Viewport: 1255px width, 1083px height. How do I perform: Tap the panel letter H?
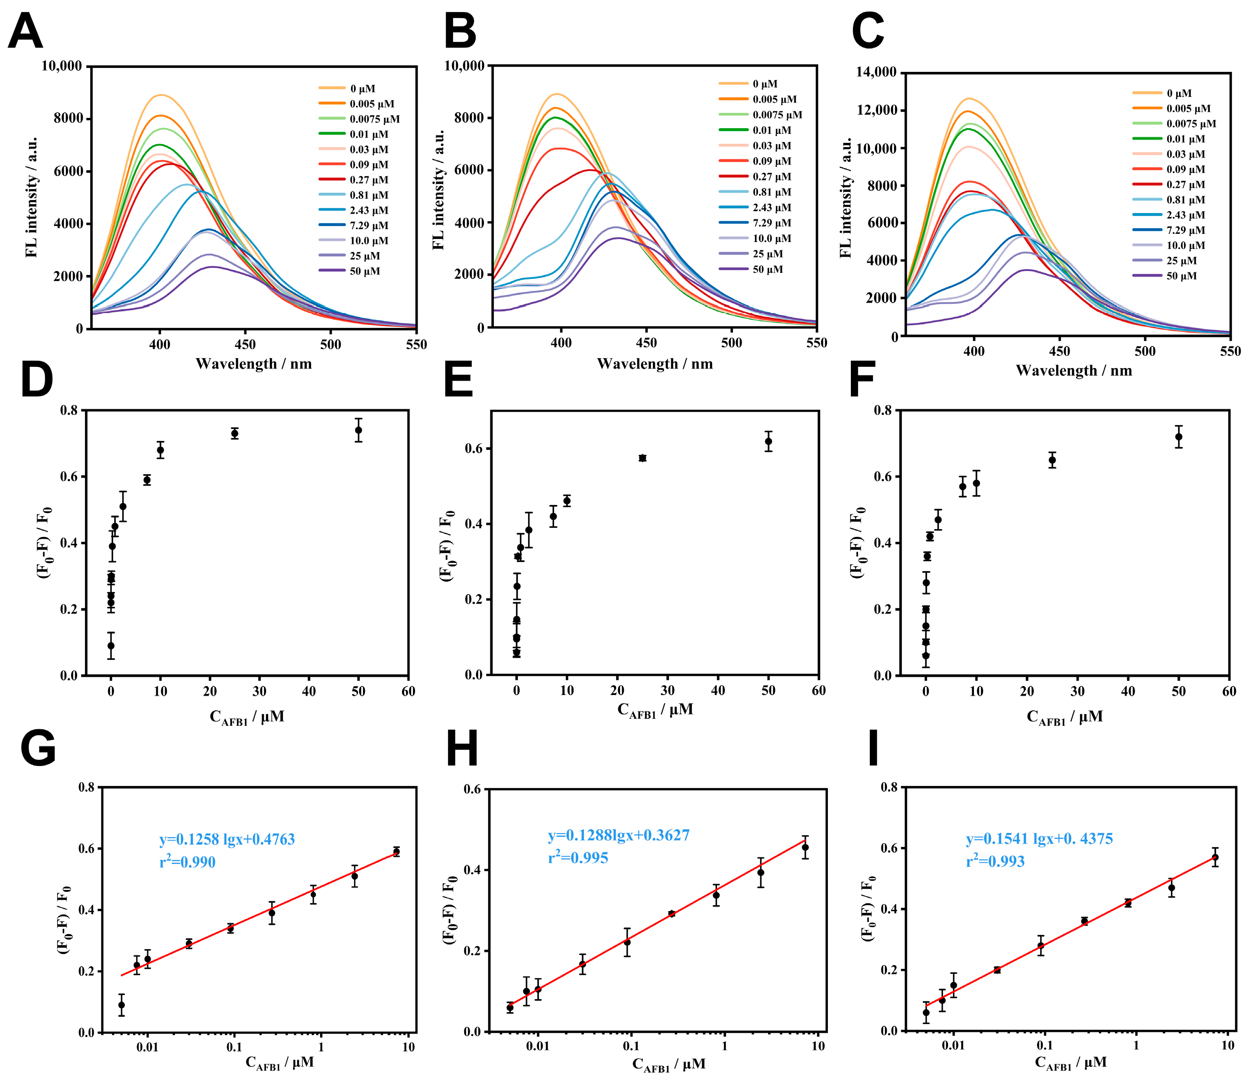click(x=461, y=749)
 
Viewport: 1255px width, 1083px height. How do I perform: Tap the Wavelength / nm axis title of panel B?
click(x=655, y=364)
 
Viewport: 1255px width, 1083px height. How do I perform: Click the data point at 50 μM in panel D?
click(x=359, y=430)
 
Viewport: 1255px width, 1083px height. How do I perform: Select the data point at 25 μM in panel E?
click(x=642, y=458)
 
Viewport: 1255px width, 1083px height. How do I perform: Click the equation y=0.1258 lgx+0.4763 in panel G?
click(x=227, y=840)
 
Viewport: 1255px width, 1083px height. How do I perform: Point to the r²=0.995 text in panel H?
click(x=578, y=857)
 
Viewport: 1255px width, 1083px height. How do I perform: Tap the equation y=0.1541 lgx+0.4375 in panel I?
click(x=1039, y=838)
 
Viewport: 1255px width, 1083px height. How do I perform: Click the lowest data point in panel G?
click(x=121, y=1005)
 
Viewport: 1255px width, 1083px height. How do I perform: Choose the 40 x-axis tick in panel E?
click(x=718, y=690)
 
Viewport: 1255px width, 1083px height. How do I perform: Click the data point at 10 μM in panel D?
click(x=161, y=450)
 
